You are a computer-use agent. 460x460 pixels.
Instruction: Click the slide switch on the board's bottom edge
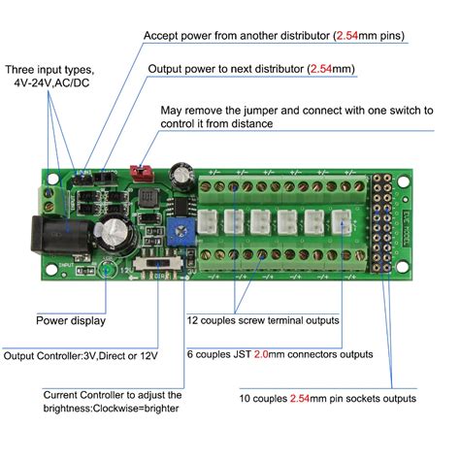(155, 263)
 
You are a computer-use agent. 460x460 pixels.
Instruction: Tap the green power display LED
(109, 269)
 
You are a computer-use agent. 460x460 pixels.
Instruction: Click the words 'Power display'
(71, 319)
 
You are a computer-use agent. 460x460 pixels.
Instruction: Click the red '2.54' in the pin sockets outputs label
(305, 398)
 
